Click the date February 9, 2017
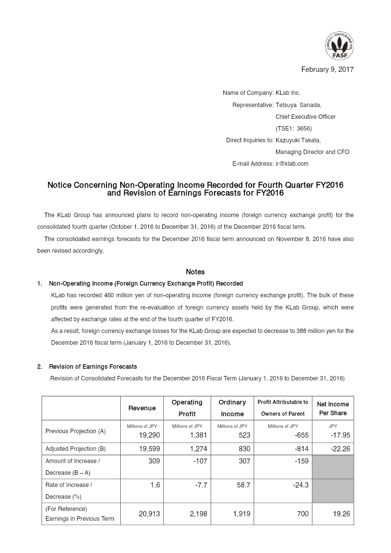pos(327,69)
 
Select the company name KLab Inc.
pos(288,93)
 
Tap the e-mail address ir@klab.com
pos(292,164)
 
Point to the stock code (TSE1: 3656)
pos(294,129)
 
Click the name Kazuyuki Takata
pos(298,140)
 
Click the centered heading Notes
pos(195,272)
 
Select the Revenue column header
pos(142,408)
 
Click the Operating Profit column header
pos(187,408)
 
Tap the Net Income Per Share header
pos(333,408)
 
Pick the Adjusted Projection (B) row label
pos(75,449)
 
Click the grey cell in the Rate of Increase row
pos(333,491)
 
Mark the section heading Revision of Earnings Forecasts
pos(93,367)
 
